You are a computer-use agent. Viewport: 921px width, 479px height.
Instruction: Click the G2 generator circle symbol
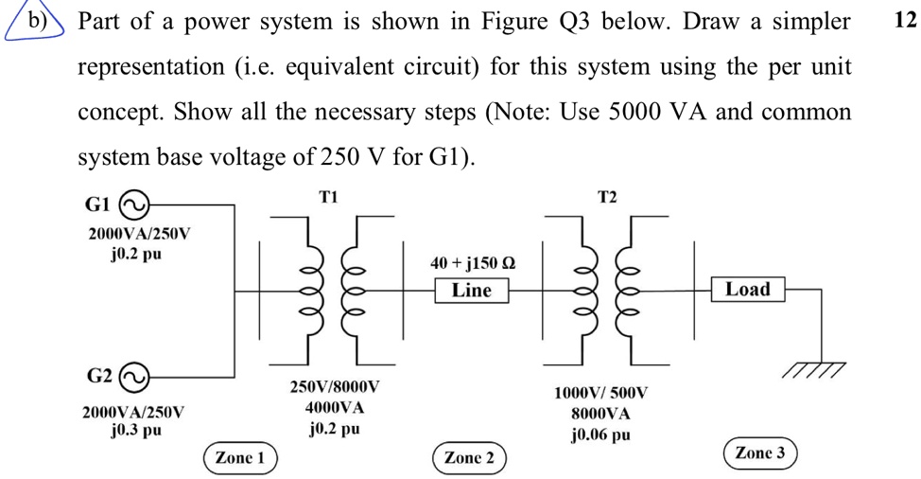point(133,377)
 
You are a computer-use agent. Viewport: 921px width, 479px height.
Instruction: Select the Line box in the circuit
point(471,291)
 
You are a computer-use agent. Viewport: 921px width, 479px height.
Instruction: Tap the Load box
point(748,289)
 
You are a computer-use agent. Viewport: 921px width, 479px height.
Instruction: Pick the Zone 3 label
point(760,452)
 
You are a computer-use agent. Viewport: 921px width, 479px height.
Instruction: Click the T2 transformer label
point(607,196)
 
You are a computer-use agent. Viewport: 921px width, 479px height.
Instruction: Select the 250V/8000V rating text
point(332,388)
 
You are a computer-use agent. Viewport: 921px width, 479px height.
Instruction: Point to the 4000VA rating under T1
point(332,407)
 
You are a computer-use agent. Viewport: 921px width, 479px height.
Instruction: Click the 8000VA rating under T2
point(600,414)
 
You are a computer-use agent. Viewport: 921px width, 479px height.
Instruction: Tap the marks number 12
point(904,21)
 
